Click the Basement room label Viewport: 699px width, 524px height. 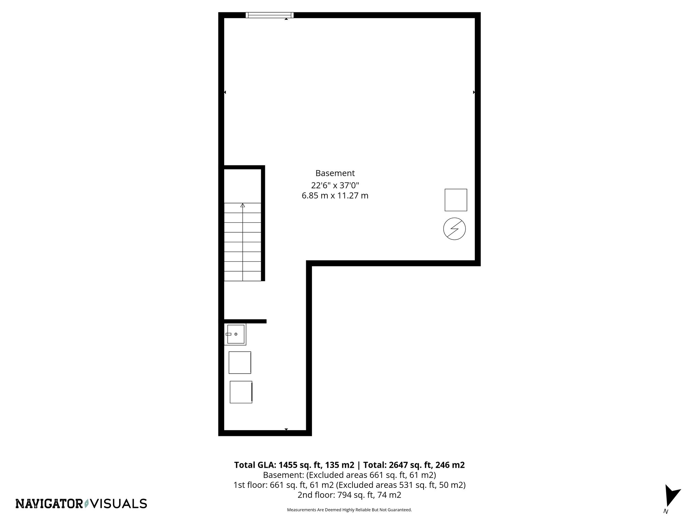[x=335, y=173]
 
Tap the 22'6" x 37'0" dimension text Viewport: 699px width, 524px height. [x=335, y=185]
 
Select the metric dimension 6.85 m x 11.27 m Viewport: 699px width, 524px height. [x=335, y=196]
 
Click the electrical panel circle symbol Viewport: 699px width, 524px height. [x=454, y=229]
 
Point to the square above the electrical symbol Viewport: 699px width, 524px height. [x=456, y=200]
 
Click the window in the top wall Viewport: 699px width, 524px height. [x=269, y=15]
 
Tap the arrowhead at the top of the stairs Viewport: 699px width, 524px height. [x=243, y=205]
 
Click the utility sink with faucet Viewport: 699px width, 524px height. [x=235, y=334]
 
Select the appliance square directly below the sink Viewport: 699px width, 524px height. [x=240, y=362]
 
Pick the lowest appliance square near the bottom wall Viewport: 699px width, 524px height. [x=241, y=392]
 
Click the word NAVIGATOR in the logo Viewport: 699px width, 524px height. [x=49, y=504]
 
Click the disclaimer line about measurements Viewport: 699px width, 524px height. [x=349, y=510]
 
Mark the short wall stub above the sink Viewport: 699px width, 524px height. [x=245, y=321]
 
